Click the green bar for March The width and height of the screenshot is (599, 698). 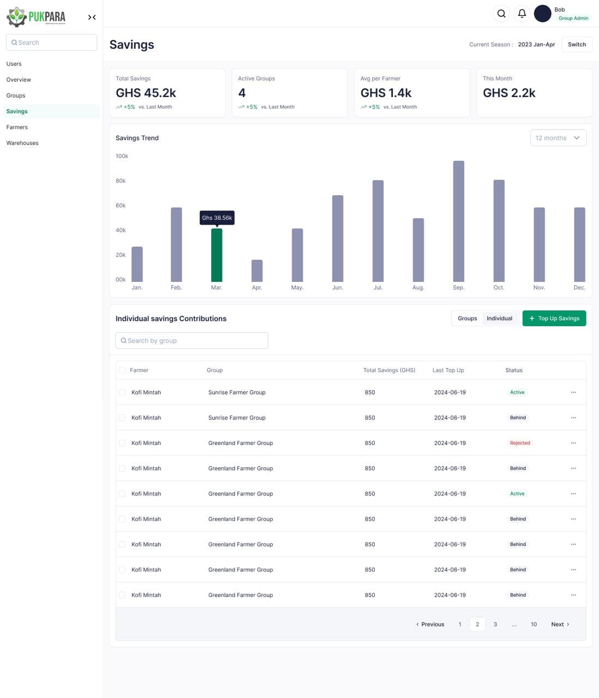click(x=217, y=255)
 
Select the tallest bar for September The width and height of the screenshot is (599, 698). click(x=458, y=221)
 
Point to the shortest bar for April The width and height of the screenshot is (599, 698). click(x=257, y=270)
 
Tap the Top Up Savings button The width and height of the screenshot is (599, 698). click(x=554, y=318)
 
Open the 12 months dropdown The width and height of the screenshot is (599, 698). click(x=558, y=138)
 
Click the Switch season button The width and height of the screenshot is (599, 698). click(x=577, y=45)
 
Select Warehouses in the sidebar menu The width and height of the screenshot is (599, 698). click(x=22, y=143)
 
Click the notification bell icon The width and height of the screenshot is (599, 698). click(x=522, y=14)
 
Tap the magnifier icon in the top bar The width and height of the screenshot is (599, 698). click(x=501, y=14)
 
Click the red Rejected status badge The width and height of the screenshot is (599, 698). click(x=520, y=443)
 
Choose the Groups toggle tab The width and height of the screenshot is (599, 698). click(x=467, y=318)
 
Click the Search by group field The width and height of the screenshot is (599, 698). click(x=191, y=340)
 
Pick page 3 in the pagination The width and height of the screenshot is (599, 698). click(x=495, y=624)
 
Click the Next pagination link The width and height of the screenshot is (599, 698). click(x=560, y=624)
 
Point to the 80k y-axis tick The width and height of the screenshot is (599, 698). click(x=121, y=181)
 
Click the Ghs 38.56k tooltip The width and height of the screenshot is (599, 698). click(x=217, y=218)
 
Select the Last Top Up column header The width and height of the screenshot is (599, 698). click(x=448, y=370)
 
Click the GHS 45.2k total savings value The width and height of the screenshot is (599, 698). click(x=146, y=93)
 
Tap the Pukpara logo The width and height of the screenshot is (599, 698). click(x=36, y=17)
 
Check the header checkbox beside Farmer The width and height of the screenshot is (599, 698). click(x=122, y=370)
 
